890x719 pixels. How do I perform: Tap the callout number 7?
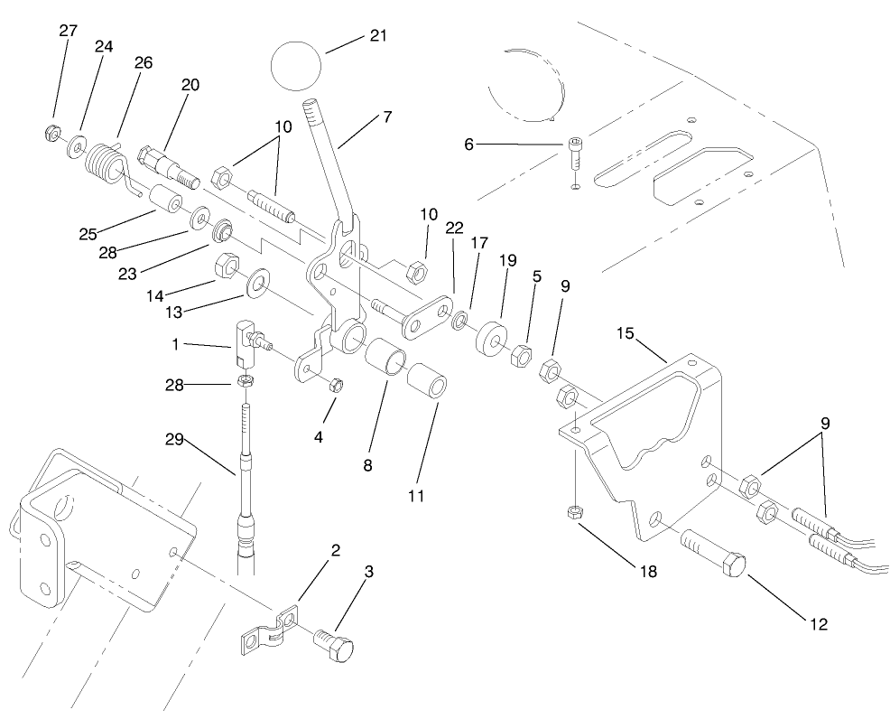[x=386, y=117]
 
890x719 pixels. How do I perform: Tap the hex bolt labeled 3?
[x=334, y=644]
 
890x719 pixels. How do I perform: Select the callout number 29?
[x=174, y=439]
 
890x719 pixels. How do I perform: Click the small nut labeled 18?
[x=572, y=513]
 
